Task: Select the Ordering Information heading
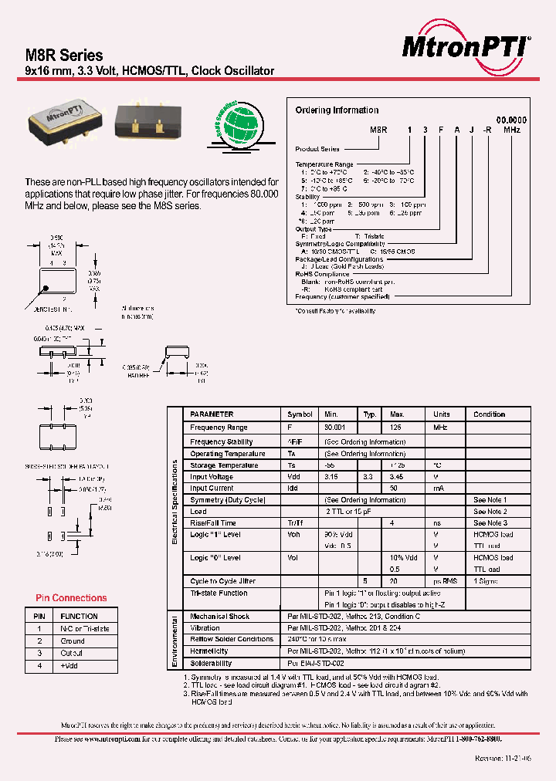point(337,110)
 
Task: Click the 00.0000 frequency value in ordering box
point(511,120)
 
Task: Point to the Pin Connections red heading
point(71,598)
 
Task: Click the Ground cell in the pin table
point(73,641)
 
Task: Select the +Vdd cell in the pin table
point(69,665)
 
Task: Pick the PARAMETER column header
point(212,414)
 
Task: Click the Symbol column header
point(300,414)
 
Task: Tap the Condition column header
point(490,414)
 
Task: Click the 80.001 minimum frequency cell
point(334,427)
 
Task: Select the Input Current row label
point(212,489)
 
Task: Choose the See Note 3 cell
point(490,523)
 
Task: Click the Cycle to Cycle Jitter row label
point(222,581)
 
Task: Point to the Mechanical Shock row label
point(220,617)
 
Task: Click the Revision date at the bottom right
point(504,759)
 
